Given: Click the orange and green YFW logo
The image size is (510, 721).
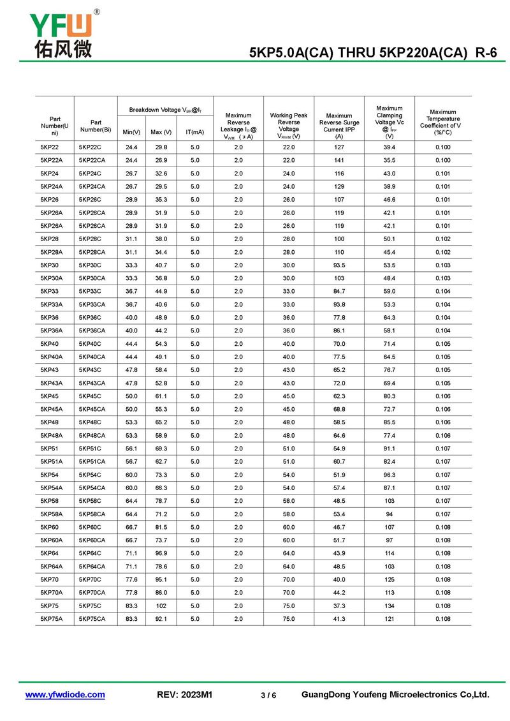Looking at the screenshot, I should coord(61,25).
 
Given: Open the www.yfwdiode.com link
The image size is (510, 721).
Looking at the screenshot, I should coord(65,695).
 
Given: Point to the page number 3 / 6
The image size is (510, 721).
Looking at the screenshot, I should coord(268,695).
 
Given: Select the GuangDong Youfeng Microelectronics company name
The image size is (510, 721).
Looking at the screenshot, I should coord(395,695).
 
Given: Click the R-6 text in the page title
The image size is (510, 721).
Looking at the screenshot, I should coord(486,54).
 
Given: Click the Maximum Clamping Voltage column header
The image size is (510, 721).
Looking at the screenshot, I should coord(390,122).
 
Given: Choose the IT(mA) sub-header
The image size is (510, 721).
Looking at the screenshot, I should coord(194,132).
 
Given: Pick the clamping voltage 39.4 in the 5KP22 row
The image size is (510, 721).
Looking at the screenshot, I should coord(390,147).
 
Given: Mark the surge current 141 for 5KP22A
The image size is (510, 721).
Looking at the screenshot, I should coord(339,161).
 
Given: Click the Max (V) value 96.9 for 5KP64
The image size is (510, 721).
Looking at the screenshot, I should coord(161,553).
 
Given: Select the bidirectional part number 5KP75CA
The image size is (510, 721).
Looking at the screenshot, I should coord(92,619).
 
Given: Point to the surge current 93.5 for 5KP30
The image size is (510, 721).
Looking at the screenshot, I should coord(339,265).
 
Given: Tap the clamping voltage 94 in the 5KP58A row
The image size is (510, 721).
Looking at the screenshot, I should coord(390,514).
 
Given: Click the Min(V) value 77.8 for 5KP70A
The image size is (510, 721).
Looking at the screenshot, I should coord(131,593).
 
